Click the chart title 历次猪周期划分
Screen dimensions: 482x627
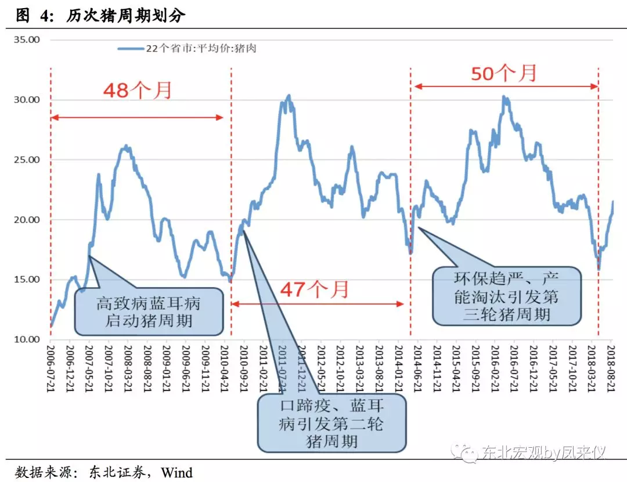125,16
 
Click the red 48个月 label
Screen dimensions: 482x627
138,90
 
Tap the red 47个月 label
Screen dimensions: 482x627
315,288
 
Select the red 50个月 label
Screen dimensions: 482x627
503,73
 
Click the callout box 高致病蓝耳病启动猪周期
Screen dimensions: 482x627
149,311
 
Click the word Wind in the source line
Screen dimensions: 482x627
176,472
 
